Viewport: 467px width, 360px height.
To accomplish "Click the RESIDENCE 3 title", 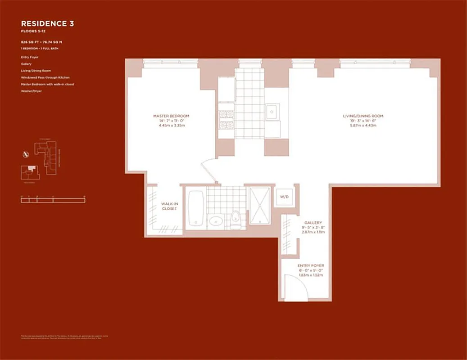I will pos(47,23).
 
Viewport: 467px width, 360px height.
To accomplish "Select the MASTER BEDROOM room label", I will pos(171,116).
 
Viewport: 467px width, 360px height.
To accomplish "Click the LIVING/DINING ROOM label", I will pos(363,116).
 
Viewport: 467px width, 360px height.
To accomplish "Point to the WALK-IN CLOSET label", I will pos(169,207).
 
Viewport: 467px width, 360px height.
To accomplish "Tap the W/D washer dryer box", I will pos(285,197).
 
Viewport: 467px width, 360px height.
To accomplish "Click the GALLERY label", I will pos(313,222).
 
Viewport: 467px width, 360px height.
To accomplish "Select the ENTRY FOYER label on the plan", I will pos(311,266).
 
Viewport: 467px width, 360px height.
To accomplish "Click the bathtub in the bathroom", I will pos(196,209).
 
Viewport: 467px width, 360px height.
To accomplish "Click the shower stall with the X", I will pos(260,205).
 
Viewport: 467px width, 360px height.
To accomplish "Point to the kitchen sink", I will pos(272,111).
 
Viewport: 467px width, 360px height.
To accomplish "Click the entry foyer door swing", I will pos(297,288).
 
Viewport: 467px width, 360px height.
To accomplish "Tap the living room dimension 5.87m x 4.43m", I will pos(363,126).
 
